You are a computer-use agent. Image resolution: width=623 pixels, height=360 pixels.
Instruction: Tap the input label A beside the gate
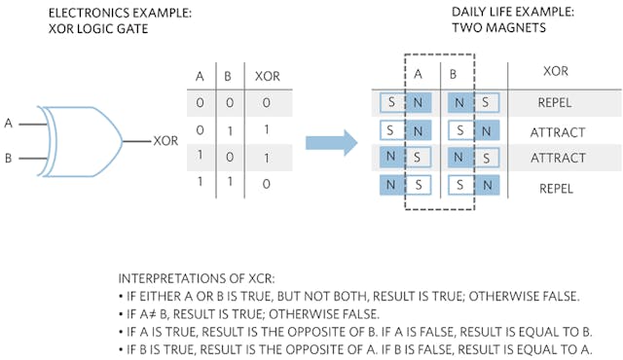tap(10, 124)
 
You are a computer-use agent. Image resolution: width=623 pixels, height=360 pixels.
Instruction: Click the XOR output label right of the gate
tap(165, 140)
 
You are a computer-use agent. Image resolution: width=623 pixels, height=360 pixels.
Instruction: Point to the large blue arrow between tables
tap(329, 143)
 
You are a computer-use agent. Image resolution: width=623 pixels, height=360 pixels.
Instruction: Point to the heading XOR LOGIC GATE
tap(88, 28)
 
